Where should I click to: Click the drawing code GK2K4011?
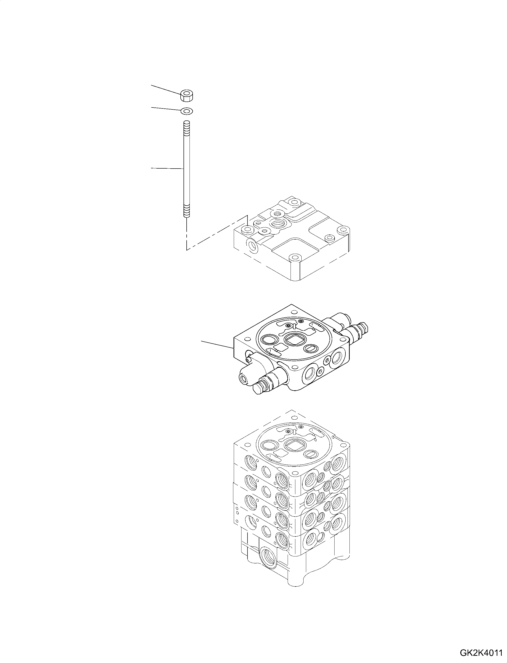tap(481, 653)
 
